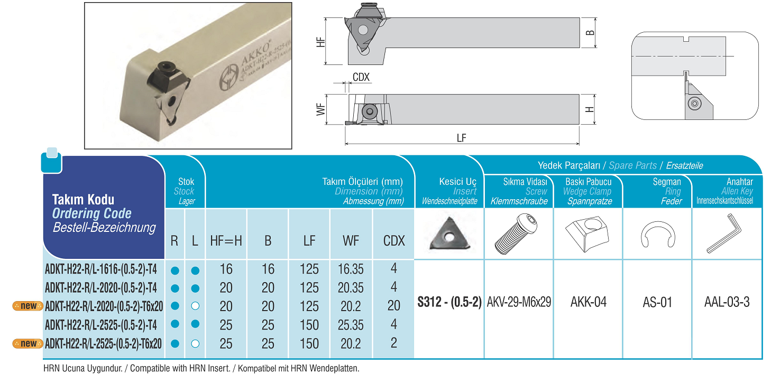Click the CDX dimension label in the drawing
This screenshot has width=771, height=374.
361,77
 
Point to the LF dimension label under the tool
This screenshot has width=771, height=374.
461,138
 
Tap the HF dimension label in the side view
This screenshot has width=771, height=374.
320,42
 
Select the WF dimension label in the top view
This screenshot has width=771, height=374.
320,109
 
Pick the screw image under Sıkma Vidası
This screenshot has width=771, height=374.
516,233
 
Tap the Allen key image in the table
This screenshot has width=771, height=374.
724,233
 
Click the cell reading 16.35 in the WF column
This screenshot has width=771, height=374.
351,269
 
